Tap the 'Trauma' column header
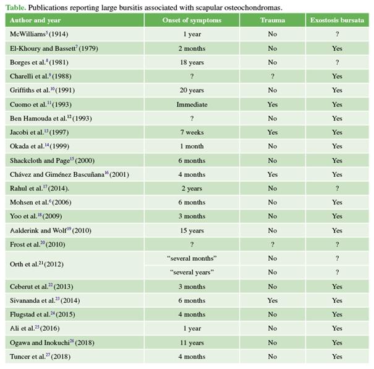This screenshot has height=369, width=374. point(273,20)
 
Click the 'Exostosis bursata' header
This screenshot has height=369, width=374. point(337,20)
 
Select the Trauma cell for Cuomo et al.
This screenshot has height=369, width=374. point(273,104)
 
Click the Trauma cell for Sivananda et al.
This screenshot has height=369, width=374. point(273,300)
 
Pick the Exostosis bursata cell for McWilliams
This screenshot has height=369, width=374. point(337,34)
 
